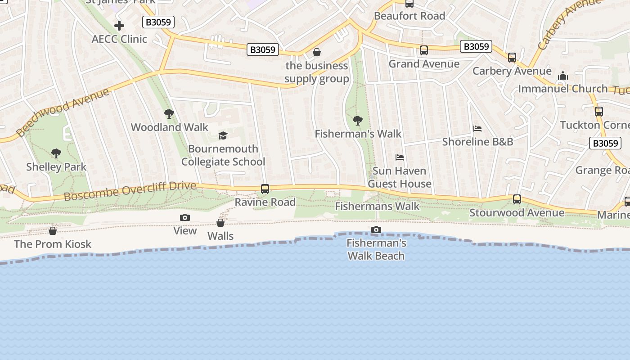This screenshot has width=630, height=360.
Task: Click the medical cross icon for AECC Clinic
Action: pyautogui.click(x=119, y=26)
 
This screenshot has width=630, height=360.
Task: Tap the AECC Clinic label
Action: pyautogui.click(x=119, y=39)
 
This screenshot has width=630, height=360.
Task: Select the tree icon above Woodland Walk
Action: pyautogui.click(x=169, y=114)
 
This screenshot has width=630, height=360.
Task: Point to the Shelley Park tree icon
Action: pyautogui.click(x=56, y=153)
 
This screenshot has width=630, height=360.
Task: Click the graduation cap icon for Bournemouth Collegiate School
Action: pyautogui.click(x=223, y=135)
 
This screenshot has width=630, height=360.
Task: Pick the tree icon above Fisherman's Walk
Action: pyautogui.click(x=358, y=120)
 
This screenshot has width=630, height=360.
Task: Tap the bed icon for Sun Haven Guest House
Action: pyautogui.click(x=400, y=157)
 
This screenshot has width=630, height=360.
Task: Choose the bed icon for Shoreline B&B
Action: pyautogui.click(x=477, y=129)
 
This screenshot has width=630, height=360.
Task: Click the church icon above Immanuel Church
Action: pyautogui.click(x=563, y=76)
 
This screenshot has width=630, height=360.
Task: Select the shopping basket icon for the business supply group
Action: pyautogui.click(x=317, y=53)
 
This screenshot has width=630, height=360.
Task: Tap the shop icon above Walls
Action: pyautogui.click(x=220, y=223)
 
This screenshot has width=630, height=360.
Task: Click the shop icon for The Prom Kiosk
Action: pyautogui.click(x=53, y=231)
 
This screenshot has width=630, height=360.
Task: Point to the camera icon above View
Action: pyautogui.click(x=185, y=218)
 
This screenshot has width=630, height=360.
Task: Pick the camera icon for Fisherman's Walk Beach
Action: pyautogui.click(x=376, y=230)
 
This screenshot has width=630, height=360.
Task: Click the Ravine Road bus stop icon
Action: pyautogui.click(x=265, y=189)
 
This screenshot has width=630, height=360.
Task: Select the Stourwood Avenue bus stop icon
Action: pyautogui.click(x=517, y=199)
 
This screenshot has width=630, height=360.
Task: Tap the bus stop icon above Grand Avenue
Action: pyautogui.click(x=424, y=50)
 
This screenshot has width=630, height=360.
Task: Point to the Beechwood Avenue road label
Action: pyautogui.click(x=63, y=112)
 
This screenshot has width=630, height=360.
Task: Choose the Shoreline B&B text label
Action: pyautogui.click(x=477, y=142)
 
